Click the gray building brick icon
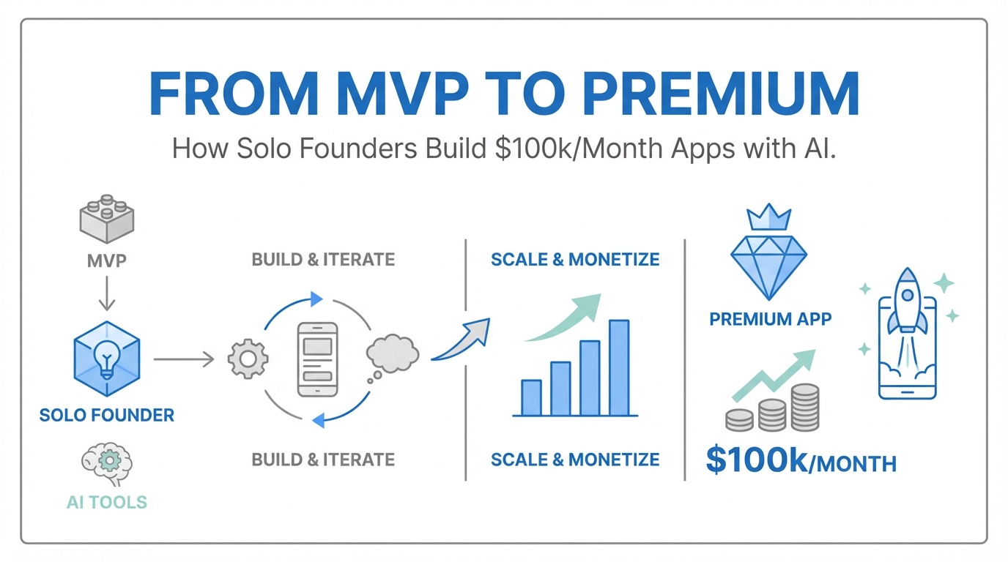coord(107,219)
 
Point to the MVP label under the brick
coord(107,261)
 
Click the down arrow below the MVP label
coord(107,293)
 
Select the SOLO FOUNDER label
coord(107,415)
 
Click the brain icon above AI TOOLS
coord(107,464)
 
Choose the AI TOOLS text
coord(107,502)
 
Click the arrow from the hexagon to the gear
coord(184,359)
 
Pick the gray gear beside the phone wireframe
coord(248,359)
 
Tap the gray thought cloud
coord(393,354)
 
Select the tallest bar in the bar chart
coord(619,367)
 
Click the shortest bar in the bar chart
coord(531,397)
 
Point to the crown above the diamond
coord(768,217)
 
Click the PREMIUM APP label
coord(771,319)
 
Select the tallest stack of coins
coord(805,408)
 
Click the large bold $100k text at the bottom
coord(757,460)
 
